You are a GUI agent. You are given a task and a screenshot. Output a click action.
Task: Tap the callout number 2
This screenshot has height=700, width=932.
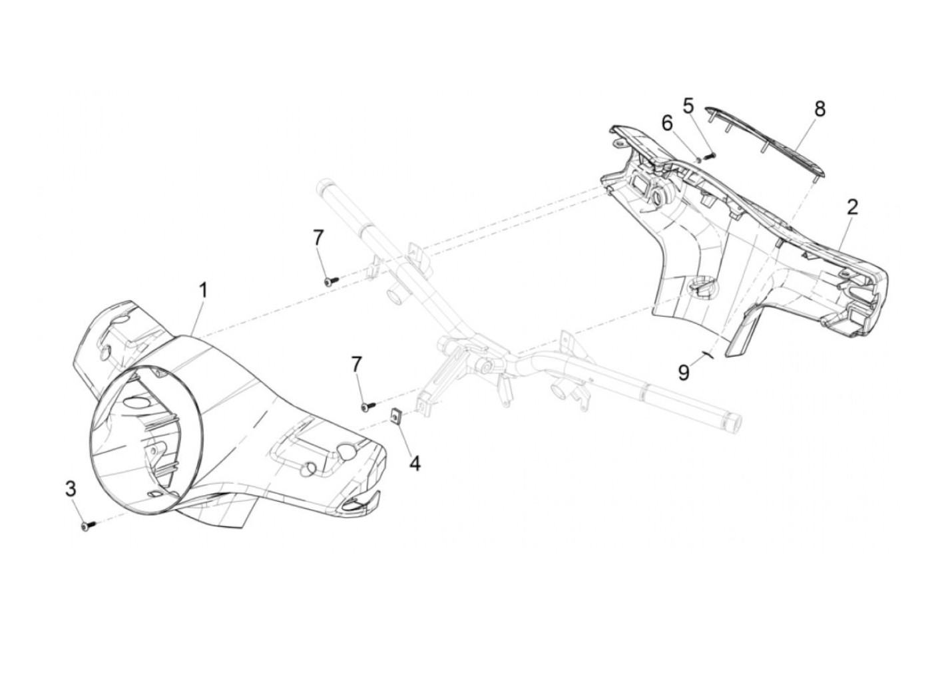click(852, 207)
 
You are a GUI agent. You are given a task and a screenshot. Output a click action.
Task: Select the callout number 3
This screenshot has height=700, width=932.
click(71, 489)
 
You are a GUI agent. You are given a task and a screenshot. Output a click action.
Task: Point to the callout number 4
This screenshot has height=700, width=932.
click(415, 463)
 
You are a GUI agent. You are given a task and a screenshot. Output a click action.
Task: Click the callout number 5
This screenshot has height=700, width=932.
click(688, 106)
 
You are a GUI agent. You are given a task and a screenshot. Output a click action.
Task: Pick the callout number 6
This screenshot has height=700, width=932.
click(667, 123)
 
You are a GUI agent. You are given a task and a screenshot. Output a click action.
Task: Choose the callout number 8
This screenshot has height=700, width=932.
click(819, 108)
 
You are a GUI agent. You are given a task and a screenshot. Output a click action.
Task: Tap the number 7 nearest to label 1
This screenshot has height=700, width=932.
click(318, 236)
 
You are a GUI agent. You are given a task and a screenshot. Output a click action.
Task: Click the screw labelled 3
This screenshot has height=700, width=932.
click(87, 526)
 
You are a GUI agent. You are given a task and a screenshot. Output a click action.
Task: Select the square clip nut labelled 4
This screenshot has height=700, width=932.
click(395, 417)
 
